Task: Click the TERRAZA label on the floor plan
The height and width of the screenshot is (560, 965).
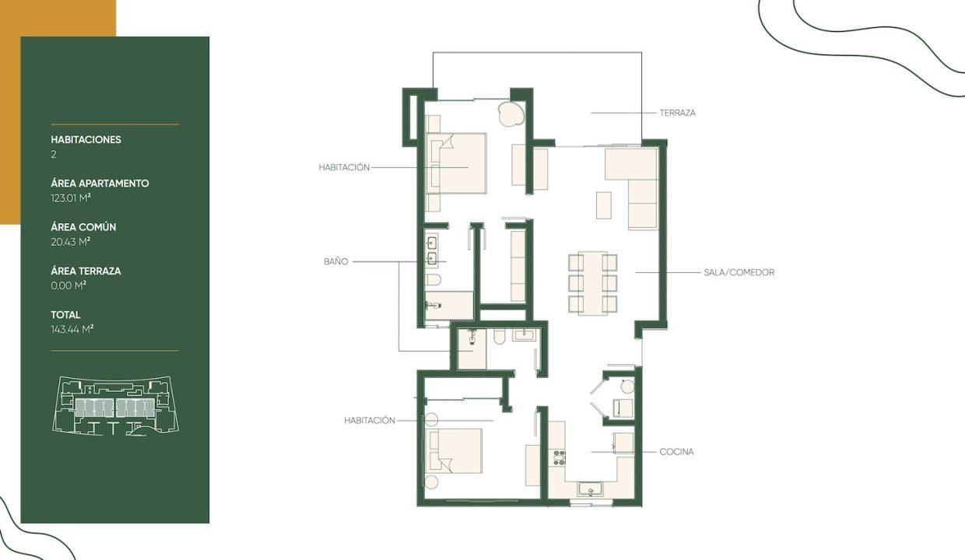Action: click(x=677, y=113)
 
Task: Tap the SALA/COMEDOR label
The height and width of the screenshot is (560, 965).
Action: click(x=739, y=272)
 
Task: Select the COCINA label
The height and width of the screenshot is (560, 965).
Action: click(x=676, y=452)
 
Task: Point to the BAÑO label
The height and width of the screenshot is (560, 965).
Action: click(x=336, y=261)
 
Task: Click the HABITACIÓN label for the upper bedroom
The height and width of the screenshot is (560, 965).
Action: click(x=344, y=167)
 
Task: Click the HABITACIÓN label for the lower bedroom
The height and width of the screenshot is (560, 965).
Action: click(x=369, y=421)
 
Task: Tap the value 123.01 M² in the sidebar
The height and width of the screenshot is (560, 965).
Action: click(x=71, y=198)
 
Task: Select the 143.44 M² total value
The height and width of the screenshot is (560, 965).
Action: click(x=72, y=329)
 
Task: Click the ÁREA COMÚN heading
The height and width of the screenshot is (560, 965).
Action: click(x=83, y=227)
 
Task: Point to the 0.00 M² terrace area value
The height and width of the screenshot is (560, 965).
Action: click(x=68, y=285)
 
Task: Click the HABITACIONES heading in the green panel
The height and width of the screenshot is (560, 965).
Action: click(x=86, y=139)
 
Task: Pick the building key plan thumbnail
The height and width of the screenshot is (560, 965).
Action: click(x=115, y=405)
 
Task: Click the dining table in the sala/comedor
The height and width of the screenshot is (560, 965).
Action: click(x=593, y=283)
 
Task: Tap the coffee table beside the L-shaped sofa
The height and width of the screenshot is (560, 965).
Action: click(x=604, y=205)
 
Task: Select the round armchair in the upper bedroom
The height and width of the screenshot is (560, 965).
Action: click(x=511, y=114)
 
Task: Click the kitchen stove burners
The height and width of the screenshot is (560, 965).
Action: click(x=560, y=457)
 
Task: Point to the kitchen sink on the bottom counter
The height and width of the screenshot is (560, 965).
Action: click(x=590, y=489)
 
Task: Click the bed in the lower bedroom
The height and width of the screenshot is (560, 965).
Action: click(x=456, y=450)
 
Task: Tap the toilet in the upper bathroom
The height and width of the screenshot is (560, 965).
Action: click(x=433, y=280)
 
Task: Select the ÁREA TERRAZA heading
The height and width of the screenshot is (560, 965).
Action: click(x=86, y=271)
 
